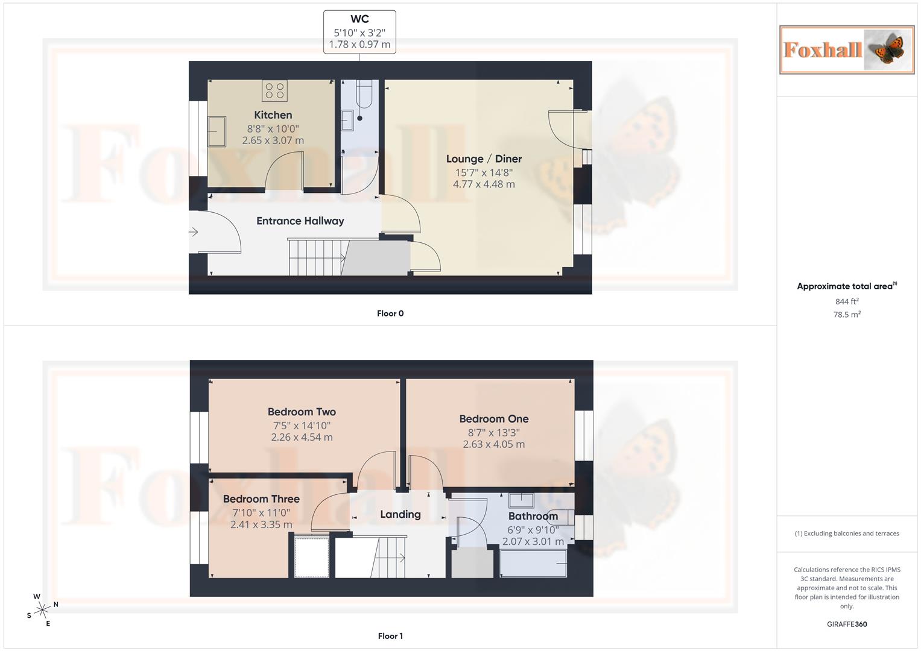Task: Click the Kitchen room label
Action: (x=273, y=115)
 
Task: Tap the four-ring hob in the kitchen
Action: (x=274, y=91)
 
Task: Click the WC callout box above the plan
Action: (x=359, y=32)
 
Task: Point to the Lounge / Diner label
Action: (x=484, y=159)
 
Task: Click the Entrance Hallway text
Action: (x=300, y=221)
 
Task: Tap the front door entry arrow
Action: (x=194, y=232)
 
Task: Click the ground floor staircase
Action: (x=316, y=257)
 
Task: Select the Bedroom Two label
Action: (x=302, y=412)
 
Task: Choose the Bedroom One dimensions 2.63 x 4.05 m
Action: (x=493, y=444)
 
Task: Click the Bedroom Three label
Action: (x=261, y=499)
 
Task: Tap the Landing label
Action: (x=400, y=515)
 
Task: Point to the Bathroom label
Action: (x=533, y=517)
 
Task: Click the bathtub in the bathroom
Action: (x=533, y=564)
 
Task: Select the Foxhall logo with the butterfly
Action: (x=846, y=49)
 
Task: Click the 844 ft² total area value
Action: (x=847, y=301)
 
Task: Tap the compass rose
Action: (x=42, y=610)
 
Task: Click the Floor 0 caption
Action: (x=390, y=313)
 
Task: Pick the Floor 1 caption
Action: (x=390, y=636)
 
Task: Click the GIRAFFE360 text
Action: (x=847, y=624)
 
